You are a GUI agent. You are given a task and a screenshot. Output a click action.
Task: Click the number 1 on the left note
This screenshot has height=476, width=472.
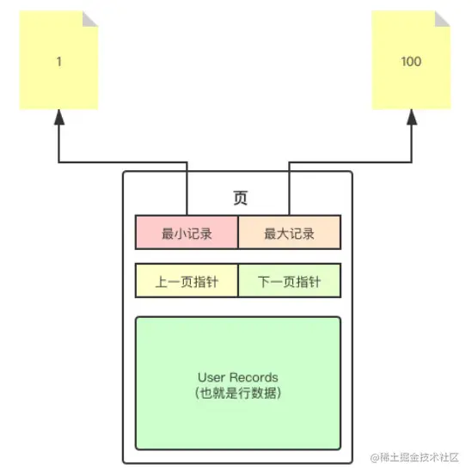[x=59, y=62]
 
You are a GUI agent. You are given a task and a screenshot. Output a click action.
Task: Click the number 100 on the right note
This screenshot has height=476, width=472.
[x=411, y=62]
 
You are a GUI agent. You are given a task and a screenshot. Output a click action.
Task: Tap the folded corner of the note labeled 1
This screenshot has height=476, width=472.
[x=90, y=19]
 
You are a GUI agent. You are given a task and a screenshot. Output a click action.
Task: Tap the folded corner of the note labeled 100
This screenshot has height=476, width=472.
[x=442, y=19]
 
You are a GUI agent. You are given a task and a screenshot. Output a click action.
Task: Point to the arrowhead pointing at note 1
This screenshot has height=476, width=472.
[x=59, y=117]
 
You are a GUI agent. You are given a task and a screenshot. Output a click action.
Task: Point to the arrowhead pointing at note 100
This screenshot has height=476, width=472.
[x=412, y=117]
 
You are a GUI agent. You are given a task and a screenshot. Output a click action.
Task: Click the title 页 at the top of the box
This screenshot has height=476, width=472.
[x=240, y=198]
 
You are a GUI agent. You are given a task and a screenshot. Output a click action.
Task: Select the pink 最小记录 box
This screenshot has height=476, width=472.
[x=187, y=232]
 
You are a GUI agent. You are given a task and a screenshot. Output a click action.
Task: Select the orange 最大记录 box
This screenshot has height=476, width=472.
[x=290, y=232]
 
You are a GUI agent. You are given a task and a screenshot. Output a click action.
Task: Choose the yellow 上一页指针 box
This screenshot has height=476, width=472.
[x=187, y=280]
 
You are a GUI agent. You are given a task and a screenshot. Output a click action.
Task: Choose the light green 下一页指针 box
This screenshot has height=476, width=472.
[x=290, y=280]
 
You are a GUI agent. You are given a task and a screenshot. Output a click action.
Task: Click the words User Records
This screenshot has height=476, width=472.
[x=238, y=377]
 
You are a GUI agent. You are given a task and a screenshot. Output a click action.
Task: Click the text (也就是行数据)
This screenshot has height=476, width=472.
[x=238, y=393]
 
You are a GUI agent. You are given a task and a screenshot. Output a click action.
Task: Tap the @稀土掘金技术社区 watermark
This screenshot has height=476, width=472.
[x=414, y=457]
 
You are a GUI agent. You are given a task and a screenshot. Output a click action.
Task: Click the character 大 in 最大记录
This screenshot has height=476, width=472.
[x=283, y=234]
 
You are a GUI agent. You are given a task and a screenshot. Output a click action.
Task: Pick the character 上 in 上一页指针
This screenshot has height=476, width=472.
[x=162, y=282]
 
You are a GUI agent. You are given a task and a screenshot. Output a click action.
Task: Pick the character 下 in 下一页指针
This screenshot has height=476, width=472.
[x=264, y=282]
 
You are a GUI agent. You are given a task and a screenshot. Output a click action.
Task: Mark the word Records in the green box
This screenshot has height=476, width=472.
[x=254, y=377]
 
